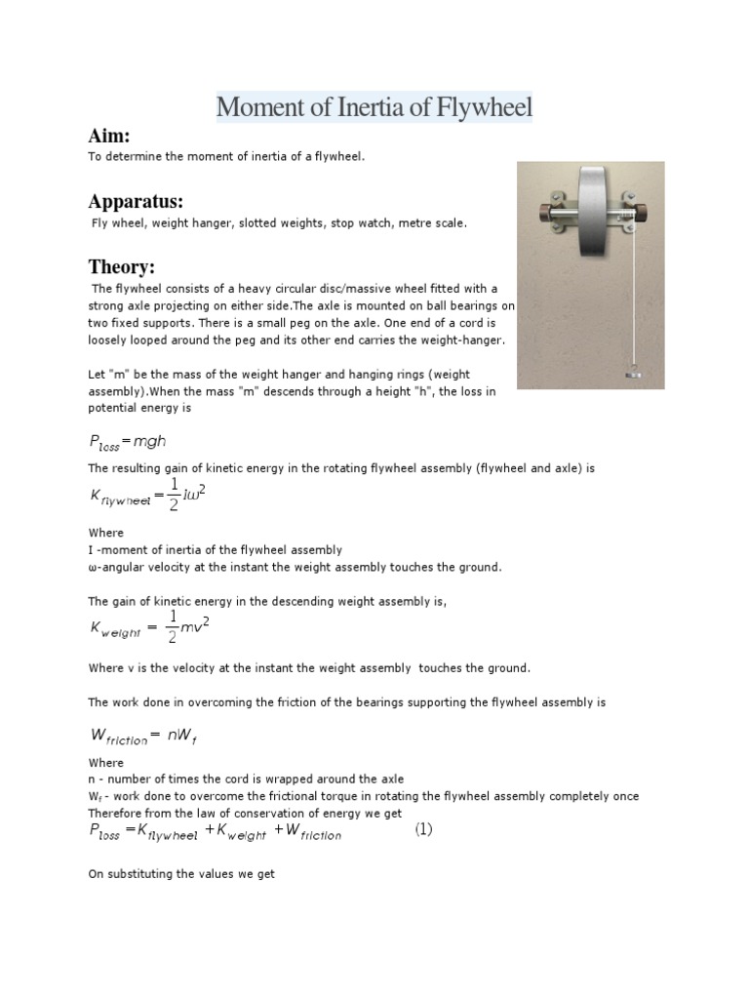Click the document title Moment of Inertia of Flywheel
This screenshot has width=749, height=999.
pyautogui.click(x=374, y=106)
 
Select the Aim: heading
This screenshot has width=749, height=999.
pyautogui.click(x=109, y=136)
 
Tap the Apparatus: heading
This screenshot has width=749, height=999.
pyautogui.click(x=136, y=202)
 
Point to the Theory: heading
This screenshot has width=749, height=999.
pyautogui.click(x=122, y=266)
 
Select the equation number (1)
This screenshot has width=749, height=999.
pyautogui.click(x=422, y=830)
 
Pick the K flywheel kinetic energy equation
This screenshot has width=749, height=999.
pyautogui.click(x=147, y=496)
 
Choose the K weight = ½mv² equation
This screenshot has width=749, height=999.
pyautogui.click(x=147, y=628)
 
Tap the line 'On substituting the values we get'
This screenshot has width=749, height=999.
pyautogui.click(x=181, y=874)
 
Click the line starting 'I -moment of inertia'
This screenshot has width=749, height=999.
pyautogui.click(x=215, y=550)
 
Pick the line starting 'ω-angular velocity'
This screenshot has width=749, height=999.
pyautogui.click(x=295, y=567)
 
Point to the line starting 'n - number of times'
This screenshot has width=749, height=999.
pyautogui.click(x=246, y=779)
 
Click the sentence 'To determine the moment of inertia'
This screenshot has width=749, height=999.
pyautogui.click(x=226, y=157)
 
